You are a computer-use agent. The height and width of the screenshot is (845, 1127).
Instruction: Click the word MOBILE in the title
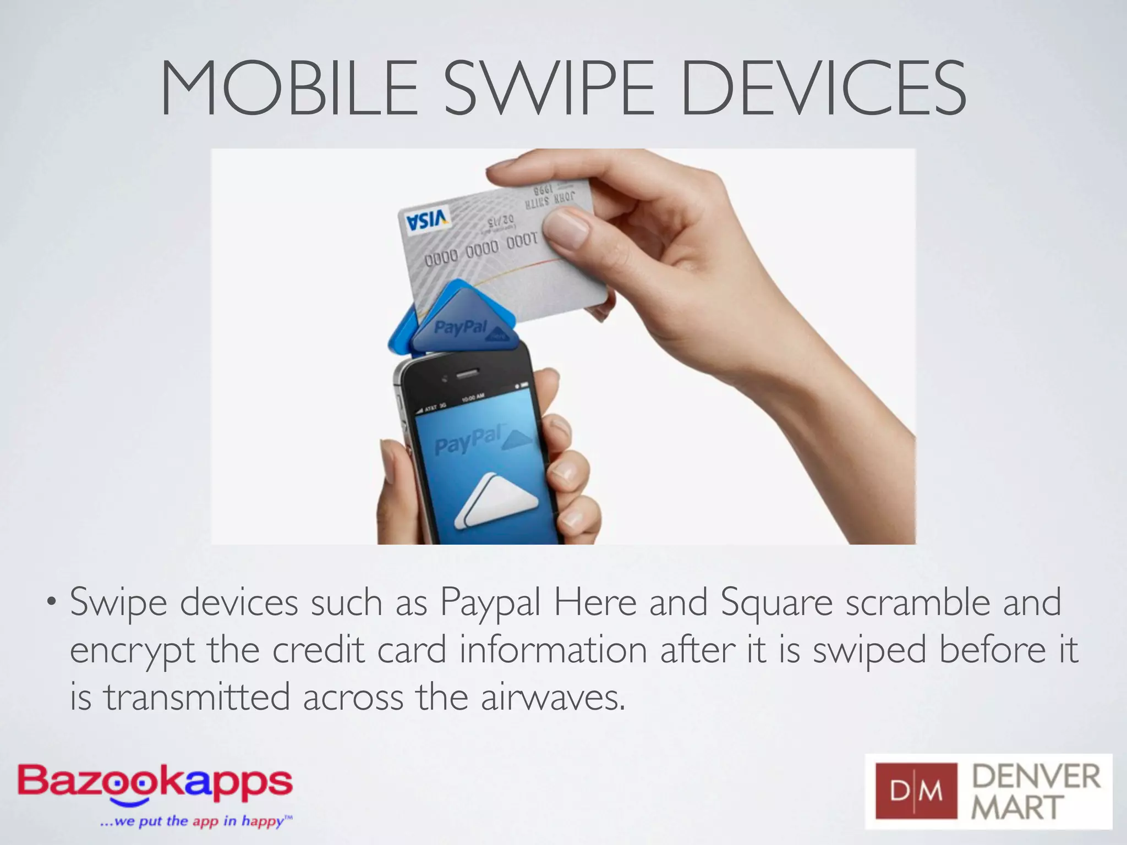[289, 89]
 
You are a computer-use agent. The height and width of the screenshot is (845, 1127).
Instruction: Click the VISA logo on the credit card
[428, 220]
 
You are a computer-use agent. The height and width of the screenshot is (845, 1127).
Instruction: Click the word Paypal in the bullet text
[490, 603]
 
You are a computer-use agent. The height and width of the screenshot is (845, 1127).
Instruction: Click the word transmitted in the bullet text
[197, 698]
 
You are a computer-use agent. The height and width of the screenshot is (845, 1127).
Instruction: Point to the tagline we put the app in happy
[196, 821]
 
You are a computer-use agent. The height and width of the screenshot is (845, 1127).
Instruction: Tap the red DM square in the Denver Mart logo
[916, 791]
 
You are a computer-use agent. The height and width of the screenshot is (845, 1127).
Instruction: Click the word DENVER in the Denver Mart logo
[1036, 777]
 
